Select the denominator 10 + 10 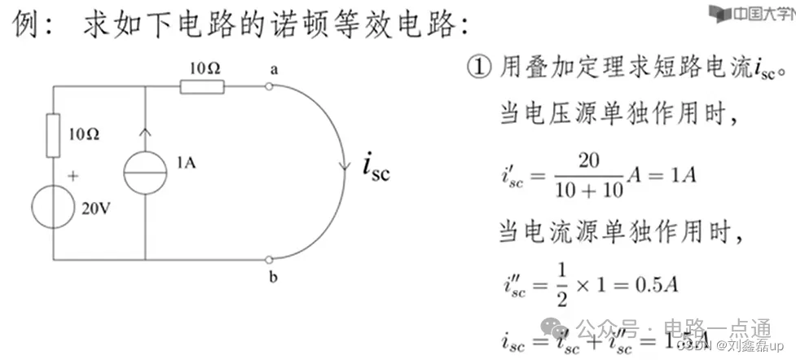pos(587,191)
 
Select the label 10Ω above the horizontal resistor pos(203,68)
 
